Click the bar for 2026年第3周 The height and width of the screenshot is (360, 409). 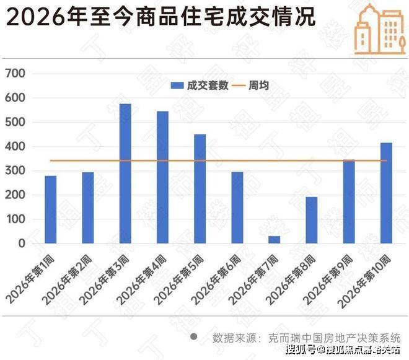[125, 173]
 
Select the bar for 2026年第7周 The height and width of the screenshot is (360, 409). [275, 240]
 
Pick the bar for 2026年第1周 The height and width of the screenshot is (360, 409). [51, 209]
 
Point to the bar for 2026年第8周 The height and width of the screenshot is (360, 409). [312, 220]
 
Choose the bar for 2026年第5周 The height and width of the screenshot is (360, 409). [200, 188]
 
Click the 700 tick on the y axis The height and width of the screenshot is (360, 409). [15, 74]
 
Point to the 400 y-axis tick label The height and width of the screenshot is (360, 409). [15, 147]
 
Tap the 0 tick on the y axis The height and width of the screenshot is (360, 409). [21, 244]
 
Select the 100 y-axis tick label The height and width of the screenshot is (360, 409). [15, 219]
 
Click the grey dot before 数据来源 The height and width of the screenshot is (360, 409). [194, 337]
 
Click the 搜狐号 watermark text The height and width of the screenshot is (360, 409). [301, 351]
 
